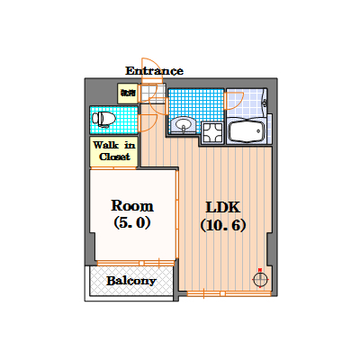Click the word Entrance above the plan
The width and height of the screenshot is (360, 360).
(x=154, y=70)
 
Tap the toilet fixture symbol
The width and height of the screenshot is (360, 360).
(x=103, y=118)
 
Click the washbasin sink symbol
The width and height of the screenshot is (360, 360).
(x=184, y=124)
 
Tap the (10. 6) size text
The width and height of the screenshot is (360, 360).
(x=222, y=225)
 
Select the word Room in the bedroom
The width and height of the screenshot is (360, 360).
(x=131, y=205)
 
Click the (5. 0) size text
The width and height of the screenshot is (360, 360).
(x=131, y=222)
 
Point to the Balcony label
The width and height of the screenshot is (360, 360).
(x=131, y=281)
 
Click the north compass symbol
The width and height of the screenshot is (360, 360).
(x=261, y=278)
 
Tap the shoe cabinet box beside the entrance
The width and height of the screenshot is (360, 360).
(x=127, y=91)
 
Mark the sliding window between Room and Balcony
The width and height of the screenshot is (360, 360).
(x=131, y=263)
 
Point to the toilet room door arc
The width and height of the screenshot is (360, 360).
(x=149, y=121)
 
